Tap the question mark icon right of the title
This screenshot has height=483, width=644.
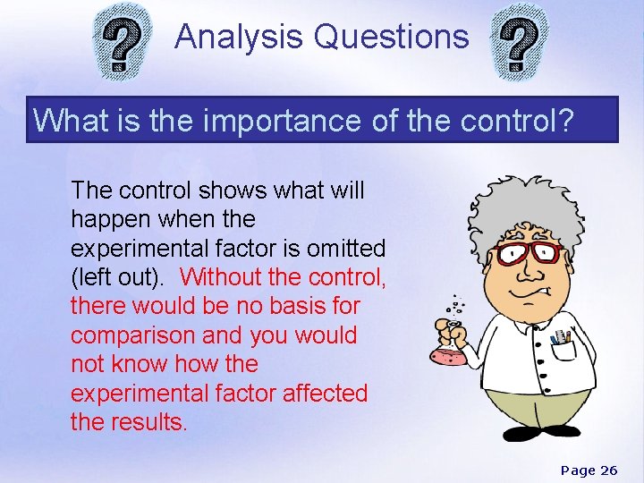[x=522, y=43]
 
